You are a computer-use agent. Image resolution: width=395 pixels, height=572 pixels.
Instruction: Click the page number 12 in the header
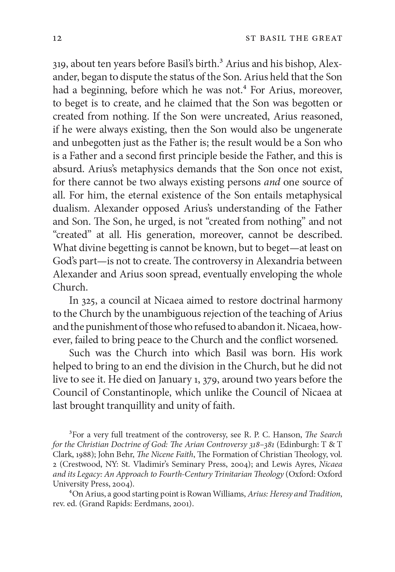[x=57, y=39]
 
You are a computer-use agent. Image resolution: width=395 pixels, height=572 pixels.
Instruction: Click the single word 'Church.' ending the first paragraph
[x=70, y=287]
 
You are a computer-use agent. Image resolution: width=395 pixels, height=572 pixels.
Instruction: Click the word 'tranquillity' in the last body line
[x=133, y=406]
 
